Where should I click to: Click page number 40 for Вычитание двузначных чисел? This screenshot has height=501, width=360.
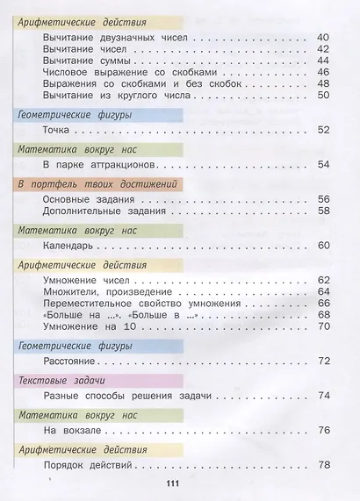[x=322, y=38]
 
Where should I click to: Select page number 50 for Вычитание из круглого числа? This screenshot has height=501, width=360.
[x=322, y=95]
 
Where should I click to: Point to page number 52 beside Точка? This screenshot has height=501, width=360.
[x=322, y=130]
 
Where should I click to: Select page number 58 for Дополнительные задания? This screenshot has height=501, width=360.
[x=322, y=211]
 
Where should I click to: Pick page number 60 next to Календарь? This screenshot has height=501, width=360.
[x=322, y=246]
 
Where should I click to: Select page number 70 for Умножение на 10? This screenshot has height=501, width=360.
[x=322, y=326]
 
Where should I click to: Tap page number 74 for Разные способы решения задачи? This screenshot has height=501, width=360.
[x=322, y=396]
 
